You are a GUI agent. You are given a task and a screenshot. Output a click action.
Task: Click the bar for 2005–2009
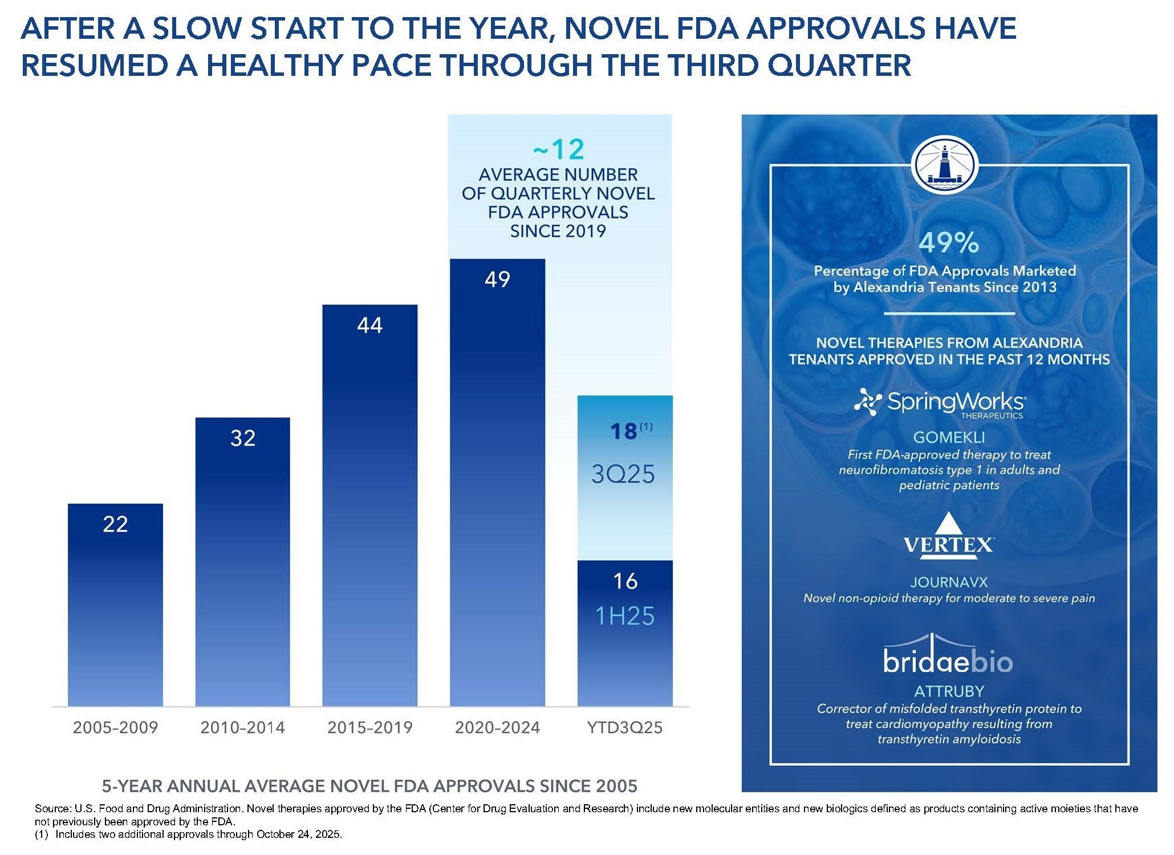[x=115, y=605]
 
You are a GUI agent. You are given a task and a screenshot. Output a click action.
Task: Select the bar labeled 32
[x=242, y=562]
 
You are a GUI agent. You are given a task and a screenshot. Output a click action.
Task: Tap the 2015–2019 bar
[x=369, y=505]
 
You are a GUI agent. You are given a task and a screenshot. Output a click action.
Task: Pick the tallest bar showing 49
[x=497, y=482]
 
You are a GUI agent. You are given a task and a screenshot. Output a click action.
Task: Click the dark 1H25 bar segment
[x=625, y=633]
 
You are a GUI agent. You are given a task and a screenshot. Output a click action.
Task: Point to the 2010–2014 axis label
[x=242, y=727]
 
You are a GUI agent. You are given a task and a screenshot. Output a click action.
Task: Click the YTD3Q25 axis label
[x=625, y=727]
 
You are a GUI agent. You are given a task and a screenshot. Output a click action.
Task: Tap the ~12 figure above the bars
[x=558, y=149]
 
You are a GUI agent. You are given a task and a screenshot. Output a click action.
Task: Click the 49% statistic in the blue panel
[x=949, y=242]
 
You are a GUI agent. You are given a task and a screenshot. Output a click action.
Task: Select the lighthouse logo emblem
[x=945, y=165]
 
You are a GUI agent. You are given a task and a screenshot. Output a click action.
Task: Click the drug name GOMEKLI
[x=949, y=437]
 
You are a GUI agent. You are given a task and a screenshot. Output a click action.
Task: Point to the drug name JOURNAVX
[x=949, y=582]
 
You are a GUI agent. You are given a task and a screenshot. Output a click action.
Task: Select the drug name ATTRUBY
[x=949, y=691]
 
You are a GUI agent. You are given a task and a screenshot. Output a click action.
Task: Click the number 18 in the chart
[x=623, y=431]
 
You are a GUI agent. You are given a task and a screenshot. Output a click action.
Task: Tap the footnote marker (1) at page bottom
[x=42, y=834]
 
